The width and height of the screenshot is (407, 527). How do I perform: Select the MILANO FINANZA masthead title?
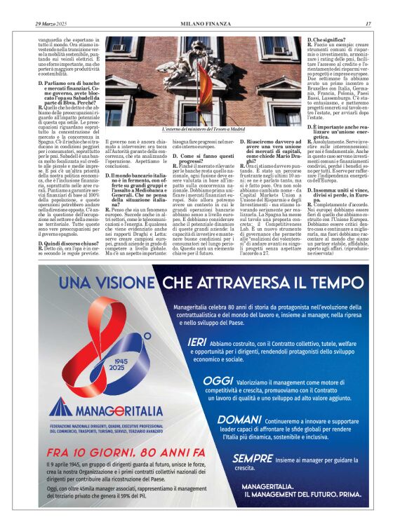203,24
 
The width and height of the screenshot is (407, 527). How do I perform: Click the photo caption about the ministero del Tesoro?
203,129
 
